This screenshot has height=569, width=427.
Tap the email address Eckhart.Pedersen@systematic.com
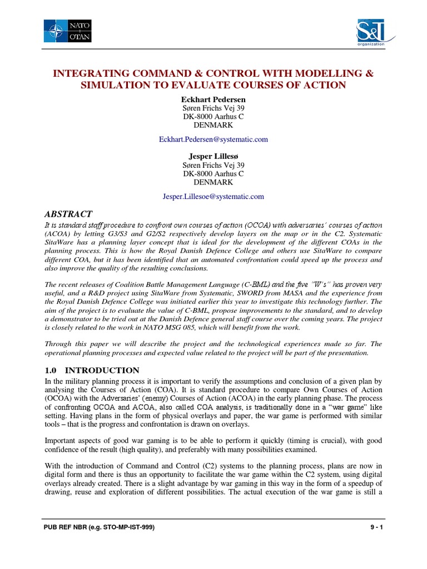pyautogui.click(x=213, y=139)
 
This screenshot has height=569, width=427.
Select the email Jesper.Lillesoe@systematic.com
pyautogui.click(x=213, y=196)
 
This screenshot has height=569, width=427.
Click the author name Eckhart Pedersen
pyautogui.click(x=213, y=99)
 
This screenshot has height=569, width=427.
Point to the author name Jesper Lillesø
pyautogui.click(x=213, y=156)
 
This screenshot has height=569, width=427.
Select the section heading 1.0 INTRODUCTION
pyautogui.click(x=91, y=370)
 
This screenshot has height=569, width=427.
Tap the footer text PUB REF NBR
pyautogui.click(x=65, y=543)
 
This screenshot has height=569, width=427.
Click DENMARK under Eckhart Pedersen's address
pyautogui.click(x=213, y=125)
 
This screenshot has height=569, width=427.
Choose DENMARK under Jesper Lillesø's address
pyautogui.click(x=213, y=182)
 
